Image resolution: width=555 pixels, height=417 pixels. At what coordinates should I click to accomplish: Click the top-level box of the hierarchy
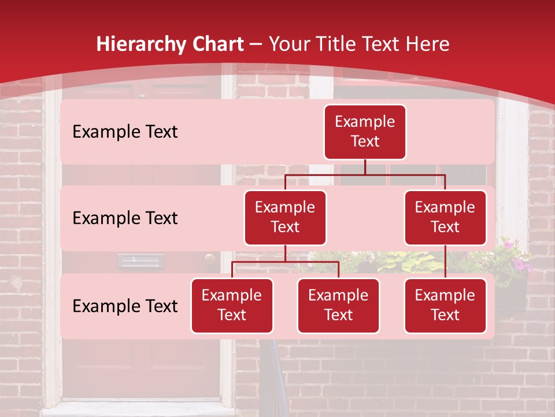[x=365, y=132]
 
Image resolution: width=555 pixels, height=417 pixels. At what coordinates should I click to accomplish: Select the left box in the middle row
[x=285, y=218]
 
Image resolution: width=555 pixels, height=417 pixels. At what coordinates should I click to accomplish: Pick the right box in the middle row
[x=445, y=218]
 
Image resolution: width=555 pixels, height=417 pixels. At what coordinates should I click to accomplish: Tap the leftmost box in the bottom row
[x=232, y=306]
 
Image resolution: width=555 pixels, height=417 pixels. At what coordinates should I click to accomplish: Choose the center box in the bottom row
[x=338, y=306]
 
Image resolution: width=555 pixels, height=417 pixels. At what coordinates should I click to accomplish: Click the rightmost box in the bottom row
[x=445, y=306]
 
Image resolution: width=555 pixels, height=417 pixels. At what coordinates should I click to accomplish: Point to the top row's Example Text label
[x=125, y=132]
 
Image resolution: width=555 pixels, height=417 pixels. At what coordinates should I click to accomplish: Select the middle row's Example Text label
[x=125, y=218]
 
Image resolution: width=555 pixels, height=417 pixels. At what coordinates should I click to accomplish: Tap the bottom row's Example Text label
[x=125, y=306]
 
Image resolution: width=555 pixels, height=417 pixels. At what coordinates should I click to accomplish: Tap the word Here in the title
[x=428, y=45]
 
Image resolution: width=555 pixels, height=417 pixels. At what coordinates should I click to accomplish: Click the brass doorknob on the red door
[x=209, y=258]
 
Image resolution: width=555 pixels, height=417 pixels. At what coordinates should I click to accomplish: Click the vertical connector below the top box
[x=365, y=167]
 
